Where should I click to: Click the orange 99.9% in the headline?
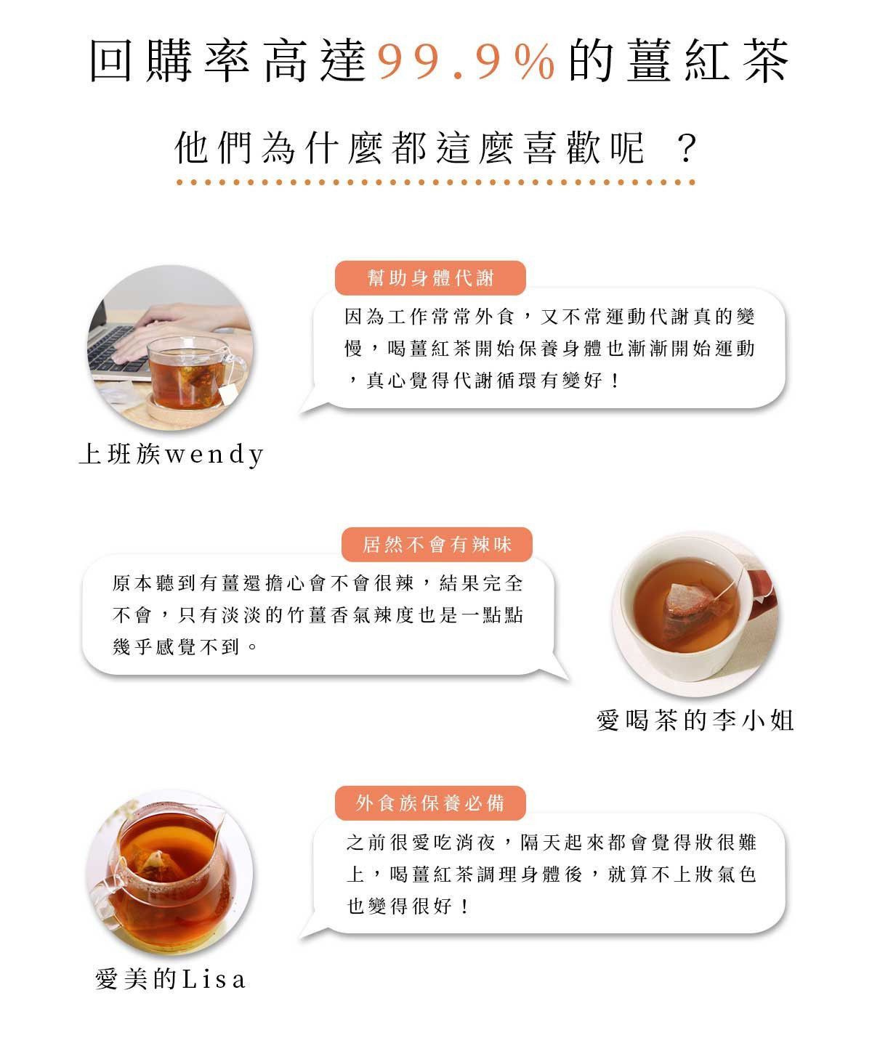tap(466, 61)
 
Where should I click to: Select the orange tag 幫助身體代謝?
tap(430, 278)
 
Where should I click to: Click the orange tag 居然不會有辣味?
tap(437, 544)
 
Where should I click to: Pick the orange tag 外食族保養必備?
tap(430, 803)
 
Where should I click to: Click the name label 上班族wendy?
tap(171, 454)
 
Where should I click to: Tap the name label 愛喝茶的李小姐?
tap(695, 721)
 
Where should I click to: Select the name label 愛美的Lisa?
tap(171, 979)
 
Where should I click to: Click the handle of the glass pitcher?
tap(103, 901)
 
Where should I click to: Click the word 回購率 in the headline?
tap(169, 61)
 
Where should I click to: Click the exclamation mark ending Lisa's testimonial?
tap(464, 906)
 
